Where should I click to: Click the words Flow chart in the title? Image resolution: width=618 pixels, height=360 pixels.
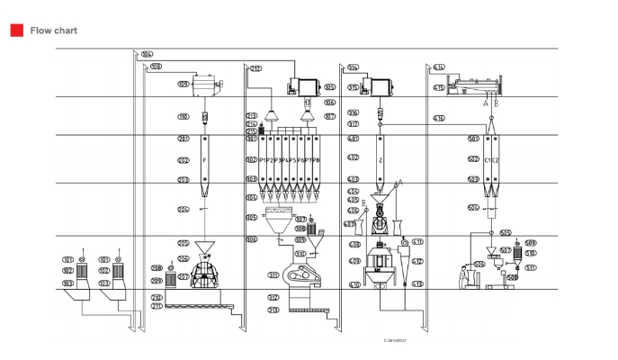53,31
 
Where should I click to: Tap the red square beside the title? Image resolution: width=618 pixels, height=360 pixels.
16,31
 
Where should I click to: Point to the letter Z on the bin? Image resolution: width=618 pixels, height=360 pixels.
381,160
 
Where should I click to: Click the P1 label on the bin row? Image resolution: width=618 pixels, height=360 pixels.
264,160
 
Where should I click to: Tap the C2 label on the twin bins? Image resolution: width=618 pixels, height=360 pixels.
495,160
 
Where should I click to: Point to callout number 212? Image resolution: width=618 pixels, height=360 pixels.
255,68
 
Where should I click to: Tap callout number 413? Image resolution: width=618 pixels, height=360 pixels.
417,284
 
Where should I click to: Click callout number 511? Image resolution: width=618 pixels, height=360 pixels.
531,267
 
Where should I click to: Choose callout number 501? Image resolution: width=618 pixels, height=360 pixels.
473,139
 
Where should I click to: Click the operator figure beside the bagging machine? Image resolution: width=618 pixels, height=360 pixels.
464,276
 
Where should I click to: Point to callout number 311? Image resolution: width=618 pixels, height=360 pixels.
273,274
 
